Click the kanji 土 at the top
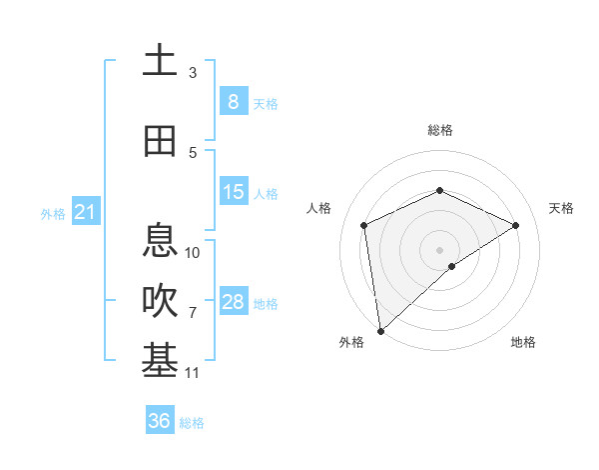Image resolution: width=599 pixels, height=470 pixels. [160, 60]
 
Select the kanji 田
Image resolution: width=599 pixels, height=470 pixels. [160, 141]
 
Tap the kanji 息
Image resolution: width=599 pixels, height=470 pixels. [160, 240]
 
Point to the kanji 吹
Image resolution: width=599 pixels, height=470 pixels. [160, 301]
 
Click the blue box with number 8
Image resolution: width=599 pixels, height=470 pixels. [233, 101]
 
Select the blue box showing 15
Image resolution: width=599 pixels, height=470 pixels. [233, 192]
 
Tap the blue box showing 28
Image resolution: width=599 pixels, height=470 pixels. [233, 302]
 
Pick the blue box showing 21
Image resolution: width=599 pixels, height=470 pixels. [85, 212]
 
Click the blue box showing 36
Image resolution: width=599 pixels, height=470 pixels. [159, 421]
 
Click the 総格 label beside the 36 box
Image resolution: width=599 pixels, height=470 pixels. [192, 423]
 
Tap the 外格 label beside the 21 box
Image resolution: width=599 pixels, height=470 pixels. [52, 214]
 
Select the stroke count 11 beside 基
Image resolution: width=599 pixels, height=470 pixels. [193, 373]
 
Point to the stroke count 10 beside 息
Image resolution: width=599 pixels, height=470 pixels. [193, 252]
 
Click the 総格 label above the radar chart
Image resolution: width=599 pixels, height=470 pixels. [439, 130]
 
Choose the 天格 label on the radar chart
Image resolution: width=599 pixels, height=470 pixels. [562, 208]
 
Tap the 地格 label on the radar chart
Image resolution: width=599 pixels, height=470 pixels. [523, 342]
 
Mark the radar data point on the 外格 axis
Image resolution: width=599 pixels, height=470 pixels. [379, 330]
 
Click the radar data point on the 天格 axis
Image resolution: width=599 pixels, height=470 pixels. [516, 225]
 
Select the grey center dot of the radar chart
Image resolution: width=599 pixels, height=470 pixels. [439, 249]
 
